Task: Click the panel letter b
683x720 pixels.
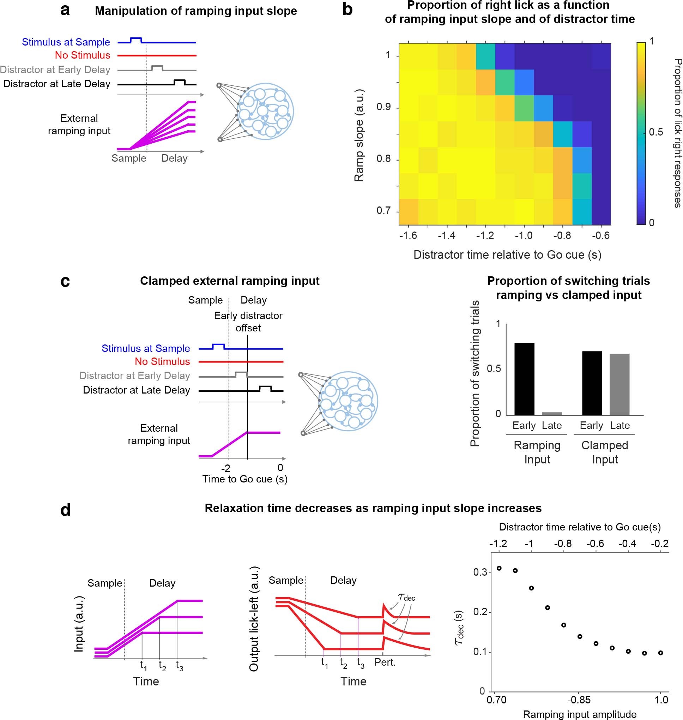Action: [347, 10]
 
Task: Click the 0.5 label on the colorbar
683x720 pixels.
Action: [656, 132]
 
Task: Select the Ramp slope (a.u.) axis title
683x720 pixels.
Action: [359, 135]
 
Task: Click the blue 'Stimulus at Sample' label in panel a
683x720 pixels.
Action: [66, 42]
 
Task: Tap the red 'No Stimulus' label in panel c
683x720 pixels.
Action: [162, 361]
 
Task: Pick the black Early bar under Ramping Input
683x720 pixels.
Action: [524, 379]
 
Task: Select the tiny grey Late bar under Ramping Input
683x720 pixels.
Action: [551, 413]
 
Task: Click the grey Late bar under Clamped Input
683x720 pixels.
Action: [619, 384]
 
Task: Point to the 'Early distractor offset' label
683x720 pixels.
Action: [248, 322]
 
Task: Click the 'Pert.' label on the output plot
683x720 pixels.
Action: [385, 662]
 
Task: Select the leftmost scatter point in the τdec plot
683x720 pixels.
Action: [499, 568]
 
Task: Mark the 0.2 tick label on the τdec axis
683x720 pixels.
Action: [480, 612]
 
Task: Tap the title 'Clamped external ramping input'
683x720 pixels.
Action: [230, 281]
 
